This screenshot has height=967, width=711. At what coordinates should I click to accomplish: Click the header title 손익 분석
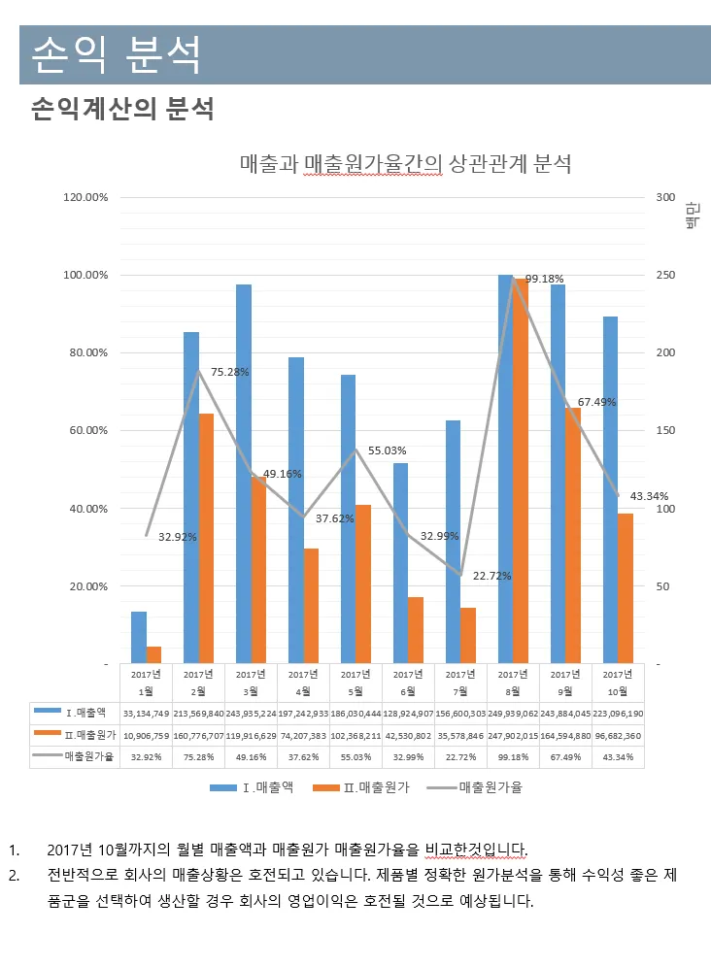[117, 54]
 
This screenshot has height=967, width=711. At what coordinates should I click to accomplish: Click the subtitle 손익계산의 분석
[122, 109]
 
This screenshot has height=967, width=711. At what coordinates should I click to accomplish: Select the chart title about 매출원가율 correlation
[405, 163]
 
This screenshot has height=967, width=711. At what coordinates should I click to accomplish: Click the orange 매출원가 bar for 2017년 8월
[521, 471]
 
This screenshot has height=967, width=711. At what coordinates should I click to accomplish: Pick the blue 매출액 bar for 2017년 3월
[244, 474]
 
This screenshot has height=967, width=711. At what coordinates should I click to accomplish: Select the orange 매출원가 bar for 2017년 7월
[468, 635]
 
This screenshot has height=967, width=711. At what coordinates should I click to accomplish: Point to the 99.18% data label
[544, 279]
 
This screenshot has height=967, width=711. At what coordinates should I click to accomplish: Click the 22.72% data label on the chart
[491, 576]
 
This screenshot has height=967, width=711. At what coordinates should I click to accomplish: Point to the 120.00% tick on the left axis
[85, 197]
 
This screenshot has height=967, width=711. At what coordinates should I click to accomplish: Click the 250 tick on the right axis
[665, 275]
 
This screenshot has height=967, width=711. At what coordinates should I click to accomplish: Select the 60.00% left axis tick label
[85, 430]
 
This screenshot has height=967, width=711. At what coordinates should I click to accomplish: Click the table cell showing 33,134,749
[146, 714]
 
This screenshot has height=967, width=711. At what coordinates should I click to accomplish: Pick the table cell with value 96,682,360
[618, 735]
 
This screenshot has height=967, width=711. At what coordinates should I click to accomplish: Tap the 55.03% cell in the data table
[355, 756]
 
